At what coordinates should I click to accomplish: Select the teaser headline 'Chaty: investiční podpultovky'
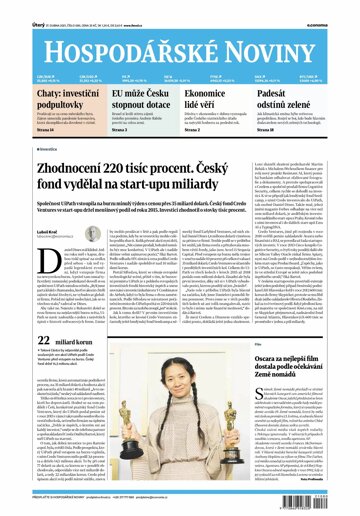coord(43,99)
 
